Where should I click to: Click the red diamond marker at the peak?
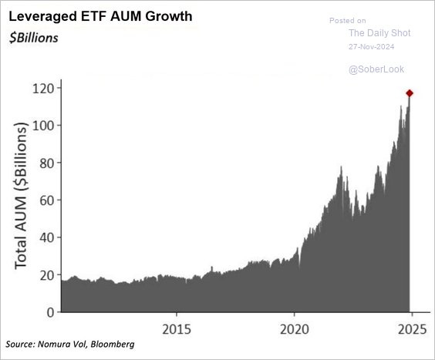tap(410, 93)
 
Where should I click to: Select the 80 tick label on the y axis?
tap(46, 163)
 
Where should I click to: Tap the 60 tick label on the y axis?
tap(46, 200)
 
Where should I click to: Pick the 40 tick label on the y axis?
tap(46, 237)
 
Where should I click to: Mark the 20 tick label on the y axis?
tap(46, 275)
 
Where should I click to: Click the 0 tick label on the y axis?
tap(49, 312)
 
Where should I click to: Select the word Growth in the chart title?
tap(166, 15)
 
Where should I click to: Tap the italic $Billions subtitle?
tap(35, 36)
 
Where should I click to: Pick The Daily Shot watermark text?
tap(379, 32)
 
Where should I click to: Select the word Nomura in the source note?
tap(60, 345)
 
